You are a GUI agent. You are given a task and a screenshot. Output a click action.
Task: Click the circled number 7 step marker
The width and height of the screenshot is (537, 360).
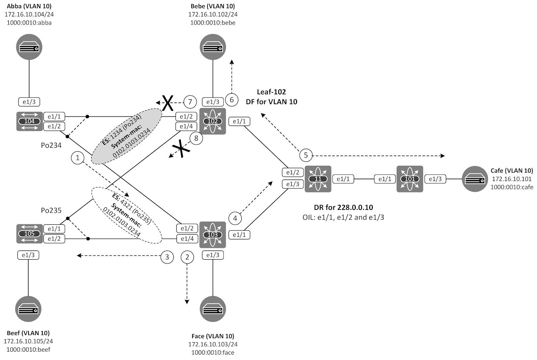[190, 102]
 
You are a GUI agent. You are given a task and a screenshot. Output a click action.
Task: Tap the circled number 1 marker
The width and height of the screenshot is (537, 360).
[78, 157]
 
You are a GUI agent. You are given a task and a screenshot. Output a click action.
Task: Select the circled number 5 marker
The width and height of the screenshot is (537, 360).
[306, 155]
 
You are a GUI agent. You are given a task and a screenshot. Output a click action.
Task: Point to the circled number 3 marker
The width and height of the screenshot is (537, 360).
[167, 257]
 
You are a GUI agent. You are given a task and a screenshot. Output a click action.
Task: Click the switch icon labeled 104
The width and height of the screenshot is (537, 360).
[30, 121]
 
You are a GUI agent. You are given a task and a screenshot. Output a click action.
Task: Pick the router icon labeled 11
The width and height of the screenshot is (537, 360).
[318, 179]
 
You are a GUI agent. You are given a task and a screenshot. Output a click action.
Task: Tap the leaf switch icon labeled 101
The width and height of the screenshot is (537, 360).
[409, 179]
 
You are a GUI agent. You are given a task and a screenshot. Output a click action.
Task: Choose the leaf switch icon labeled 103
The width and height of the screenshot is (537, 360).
[212, 235]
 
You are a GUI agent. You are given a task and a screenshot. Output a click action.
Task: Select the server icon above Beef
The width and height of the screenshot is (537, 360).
[28, 309]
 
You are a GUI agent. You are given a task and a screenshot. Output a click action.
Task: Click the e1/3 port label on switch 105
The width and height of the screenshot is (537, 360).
[28, 255]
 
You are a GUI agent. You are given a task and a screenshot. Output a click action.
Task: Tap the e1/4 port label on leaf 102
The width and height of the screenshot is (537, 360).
[186, 126]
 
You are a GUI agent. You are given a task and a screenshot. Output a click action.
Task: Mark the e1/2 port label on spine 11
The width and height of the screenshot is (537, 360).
[293, 172]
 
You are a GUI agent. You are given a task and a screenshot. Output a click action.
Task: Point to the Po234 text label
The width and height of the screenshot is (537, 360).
[51, 145]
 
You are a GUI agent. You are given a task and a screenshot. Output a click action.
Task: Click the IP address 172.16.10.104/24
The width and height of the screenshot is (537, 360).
[29, 14]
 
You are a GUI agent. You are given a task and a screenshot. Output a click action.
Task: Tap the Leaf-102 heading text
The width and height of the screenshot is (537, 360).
[271, 92]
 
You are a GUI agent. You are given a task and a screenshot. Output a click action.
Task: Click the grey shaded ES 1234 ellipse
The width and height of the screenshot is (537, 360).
[127, 136]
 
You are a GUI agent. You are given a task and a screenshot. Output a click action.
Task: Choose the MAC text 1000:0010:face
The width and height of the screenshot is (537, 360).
[213, 352]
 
